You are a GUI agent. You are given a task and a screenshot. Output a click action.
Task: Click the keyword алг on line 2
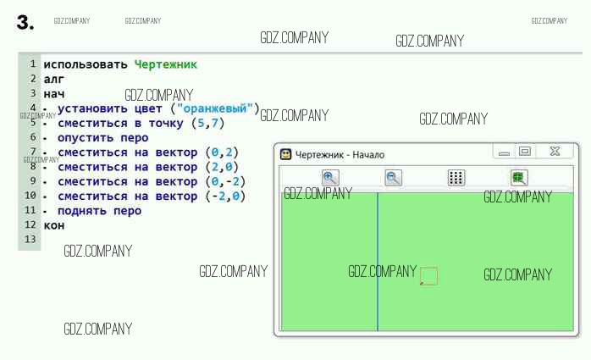point(54,79)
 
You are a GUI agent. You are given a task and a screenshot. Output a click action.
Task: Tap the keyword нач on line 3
point(54,93)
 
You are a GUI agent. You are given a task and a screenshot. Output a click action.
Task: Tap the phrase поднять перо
point(99,211)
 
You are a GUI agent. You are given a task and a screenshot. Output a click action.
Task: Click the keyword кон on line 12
point(54,225)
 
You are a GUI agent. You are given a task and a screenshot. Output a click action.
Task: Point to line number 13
point(31,240)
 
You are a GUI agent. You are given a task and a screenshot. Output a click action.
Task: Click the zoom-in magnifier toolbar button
point(330,178)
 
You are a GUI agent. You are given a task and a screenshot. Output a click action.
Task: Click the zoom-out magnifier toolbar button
point(394,178)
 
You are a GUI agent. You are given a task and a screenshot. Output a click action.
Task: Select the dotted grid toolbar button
point(456,178)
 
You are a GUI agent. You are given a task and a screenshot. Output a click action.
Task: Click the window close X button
point(555,152)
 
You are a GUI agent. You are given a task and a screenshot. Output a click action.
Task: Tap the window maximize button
point(525,152)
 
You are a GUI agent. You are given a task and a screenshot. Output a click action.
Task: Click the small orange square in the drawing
point(428,276)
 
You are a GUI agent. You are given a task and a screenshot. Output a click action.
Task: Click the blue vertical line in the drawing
point(378,254)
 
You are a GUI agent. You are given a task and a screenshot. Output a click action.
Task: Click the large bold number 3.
point(25,24)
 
